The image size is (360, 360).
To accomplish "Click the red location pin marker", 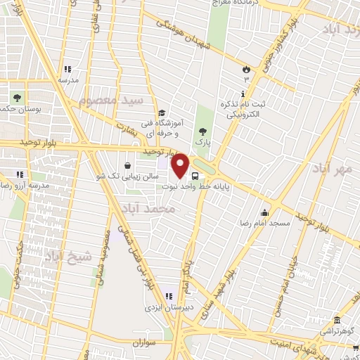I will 181,166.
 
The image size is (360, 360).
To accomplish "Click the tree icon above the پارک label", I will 203,131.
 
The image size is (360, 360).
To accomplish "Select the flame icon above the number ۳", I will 246,69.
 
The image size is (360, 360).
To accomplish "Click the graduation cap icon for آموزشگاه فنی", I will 161,112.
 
